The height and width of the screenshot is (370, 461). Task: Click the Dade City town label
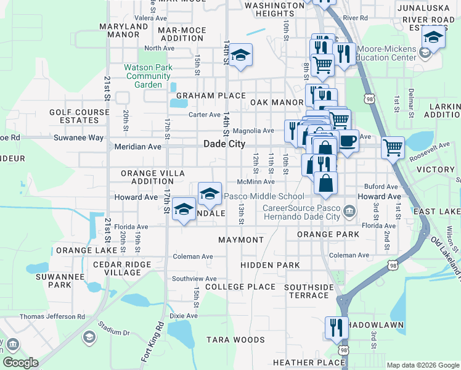[224, 144]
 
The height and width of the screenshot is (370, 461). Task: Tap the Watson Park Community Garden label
[144, 76]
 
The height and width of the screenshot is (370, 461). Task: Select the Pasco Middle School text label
[264, 197]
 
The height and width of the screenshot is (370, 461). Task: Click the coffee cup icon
[348, 141]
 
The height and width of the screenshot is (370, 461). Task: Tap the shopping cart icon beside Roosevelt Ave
[393, 147]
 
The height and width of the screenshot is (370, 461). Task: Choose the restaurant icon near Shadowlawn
[336, 327]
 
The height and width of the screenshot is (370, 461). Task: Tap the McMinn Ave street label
[256, 182]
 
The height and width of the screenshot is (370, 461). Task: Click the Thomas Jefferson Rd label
[52, 316]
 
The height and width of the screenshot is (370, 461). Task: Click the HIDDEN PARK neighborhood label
[270, 265]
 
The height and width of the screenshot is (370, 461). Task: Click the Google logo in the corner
[21, 362]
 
